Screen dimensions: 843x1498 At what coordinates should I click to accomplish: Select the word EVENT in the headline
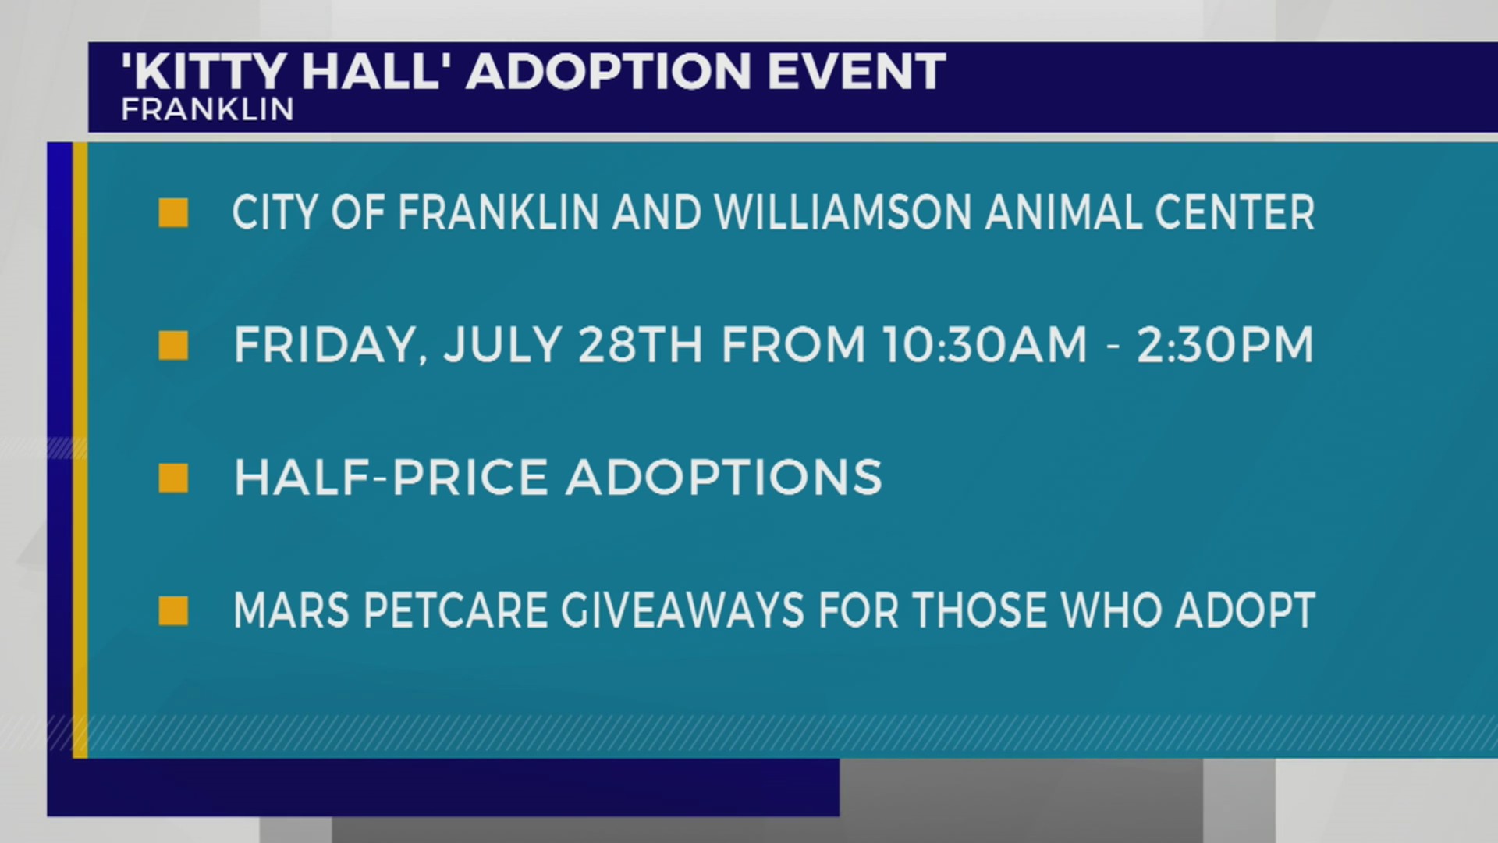pyautogui.click(x=856, y=72)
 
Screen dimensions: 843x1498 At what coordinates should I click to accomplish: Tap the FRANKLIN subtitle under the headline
pyautogui.click(x=208, y=110)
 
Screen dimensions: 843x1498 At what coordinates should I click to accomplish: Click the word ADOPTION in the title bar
pyautogui.click(x=609, y=72)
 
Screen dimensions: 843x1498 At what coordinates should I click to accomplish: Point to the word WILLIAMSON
pyautogui.click(x=842, y=212)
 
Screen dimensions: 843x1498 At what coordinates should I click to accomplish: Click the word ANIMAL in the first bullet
pyautogui.click(x=1062, y=212)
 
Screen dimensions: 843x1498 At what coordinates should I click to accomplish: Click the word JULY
pyautogui.click(x=502, y=345)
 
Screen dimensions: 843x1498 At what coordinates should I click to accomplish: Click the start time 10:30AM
pyautogui.click(x=985, y=345)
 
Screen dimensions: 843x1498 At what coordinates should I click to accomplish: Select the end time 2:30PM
pyautogui.click(x=1225, y=345)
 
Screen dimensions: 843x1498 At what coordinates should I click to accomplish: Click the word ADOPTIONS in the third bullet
pyautogui.click(x=724, y=477)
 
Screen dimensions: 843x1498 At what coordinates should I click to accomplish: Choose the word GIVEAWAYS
pyautogui.click(x=683, y=610)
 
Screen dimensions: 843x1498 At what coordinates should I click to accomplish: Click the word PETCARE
pyautogui.click(x=455, y=610)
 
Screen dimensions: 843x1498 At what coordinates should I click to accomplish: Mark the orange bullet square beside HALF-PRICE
pyautogui.click(x=173, y=478)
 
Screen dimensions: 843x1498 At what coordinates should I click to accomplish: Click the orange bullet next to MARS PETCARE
pyautogui.click(x=173, y=610)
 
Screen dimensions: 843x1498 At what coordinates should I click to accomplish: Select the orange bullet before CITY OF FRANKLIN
pyautogui.click(x=173, y=212)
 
